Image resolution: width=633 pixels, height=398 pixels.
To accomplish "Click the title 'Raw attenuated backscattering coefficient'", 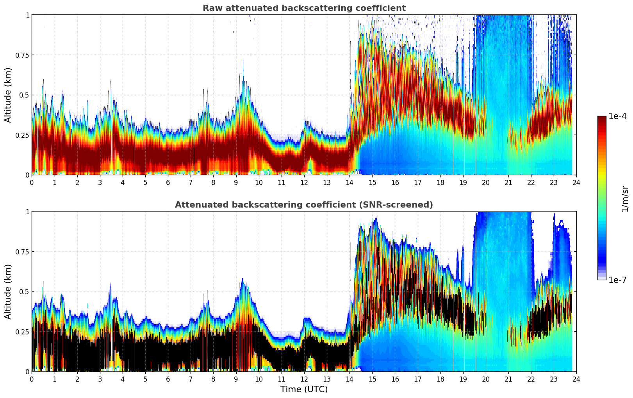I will (x=304, y=8).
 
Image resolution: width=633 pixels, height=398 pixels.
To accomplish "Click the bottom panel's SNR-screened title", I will (x=304, y=205).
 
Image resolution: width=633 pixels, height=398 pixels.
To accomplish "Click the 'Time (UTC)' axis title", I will (x=304, y=389).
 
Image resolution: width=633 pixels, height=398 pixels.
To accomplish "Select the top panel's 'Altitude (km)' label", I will (x=8, y=95).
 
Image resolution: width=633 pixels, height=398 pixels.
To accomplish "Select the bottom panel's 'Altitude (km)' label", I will (x=8, y=291).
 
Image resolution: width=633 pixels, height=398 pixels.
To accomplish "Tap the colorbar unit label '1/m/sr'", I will (x=625, y=199).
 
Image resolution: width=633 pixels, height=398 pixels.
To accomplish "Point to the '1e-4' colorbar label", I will (x=617, y=116).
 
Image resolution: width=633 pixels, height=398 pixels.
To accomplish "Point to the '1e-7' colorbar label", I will (x=617, y=280).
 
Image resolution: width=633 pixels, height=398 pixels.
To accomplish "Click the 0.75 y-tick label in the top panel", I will (x=22, y=55).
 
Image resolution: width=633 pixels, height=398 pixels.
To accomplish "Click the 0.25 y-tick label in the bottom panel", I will (x=22, y=332).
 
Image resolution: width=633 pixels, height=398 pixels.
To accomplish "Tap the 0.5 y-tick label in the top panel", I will (x=24, y=95).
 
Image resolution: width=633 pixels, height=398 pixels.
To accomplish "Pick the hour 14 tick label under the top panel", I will (x=349, y=182).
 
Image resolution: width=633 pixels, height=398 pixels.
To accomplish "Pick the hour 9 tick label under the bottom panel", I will (x=236, y=379).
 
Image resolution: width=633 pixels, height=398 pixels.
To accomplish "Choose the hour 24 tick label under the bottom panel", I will (x=576, y=379).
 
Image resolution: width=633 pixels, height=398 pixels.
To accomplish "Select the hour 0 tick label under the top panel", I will (x=32, y=182).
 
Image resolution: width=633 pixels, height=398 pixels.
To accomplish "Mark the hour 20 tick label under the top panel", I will (x=486, y=182).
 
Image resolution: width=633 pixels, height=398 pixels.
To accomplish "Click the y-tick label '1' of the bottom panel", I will (x=27, y=212).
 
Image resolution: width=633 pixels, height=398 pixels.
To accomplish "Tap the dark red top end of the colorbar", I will (x=602, y=118).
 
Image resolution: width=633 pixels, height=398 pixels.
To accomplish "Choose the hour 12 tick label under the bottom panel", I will (x=304, y=379).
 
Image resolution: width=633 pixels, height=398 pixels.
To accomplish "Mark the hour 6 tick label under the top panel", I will (x=168, y=182).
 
